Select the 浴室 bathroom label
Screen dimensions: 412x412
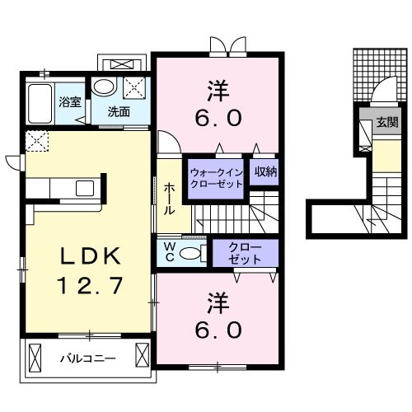(68, 103)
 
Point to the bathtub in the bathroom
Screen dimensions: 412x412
(38, 103)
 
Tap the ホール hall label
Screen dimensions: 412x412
(169, 198)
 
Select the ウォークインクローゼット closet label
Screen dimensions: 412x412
(217, 178)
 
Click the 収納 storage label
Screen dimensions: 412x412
(265, 172)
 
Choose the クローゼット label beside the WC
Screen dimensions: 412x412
(246, 252)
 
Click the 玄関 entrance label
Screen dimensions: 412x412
(385, 122)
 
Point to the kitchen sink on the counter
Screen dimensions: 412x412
(85, 187)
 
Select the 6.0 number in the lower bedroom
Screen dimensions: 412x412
(218, 330)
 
